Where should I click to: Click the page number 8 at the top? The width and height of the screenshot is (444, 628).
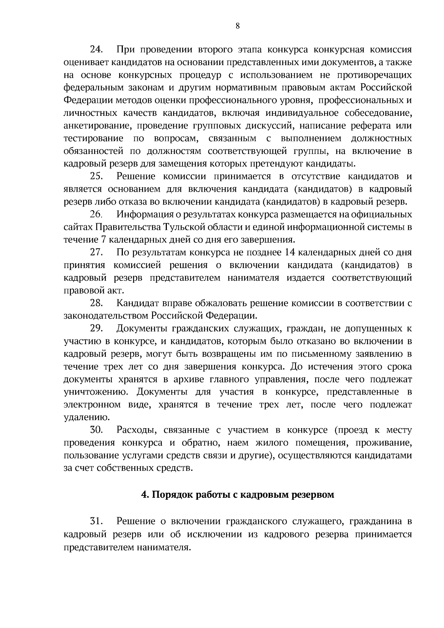(237, 26)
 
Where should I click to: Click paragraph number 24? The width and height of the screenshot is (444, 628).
(97, 50)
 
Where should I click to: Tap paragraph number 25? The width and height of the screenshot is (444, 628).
(97, 177)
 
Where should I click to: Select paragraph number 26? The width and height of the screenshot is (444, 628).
(97, 215)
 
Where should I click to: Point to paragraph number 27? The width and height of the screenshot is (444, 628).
(97, 253)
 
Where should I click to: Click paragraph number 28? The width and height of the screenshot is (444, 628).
(97, 303)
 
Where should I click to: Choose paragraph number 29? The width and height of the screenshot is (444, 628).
(97, 329)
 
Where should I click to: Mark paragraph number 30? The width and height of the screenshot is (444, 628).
(97, 430)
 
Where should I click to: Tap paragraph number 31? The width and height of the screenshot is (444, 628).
(97, 521)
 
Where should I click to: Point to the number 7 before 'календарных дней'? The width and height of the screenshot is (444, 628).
(103, 240)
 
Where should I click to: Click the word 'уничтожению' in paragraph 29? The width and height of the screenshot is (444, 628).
(97, 392)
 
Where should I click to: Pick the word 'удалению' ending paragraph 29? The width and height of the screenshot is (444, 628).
(87, 417)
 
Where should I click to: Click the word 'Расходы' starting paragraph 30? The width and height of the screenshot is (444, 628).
(134, 430)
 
